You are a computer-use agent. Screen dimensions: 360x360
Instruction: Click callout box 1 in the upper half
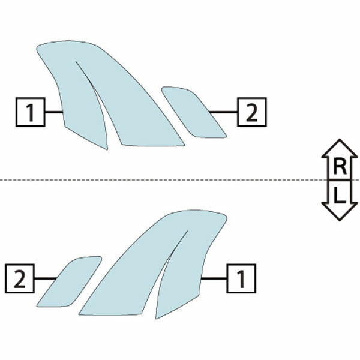click(31, 112)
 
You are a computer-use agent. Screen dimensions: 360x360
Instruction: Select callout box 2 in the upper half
click(252, 112)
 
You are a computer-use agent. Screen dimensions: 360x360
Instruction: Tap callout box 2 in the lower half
click(20, 278)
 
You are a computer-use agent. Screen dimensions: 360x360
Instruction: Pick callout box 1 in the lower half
click(241, 278)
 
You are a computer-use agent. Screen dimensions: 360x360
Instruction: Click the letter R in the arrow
click(340, 167)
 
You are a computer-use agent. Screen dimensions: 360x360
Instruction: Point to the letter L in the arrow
click(340, 196)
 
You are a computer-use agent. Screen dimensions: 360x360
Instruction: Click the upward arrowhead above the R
click(340, 149)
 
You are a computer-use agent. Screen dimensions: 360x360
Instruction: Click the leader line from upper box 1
click(54, 112)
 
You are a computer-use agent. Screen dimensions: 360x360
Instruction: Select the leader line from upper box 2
click(223, 112)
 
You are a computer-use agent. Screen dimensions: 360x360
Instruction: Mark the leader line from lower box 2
click(45, 278)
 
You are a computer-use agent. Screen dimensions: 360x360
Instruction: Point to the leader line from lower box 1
click(214, 278)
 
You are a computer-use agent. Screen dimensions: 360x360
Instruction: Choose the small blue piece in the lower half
click(69, 282)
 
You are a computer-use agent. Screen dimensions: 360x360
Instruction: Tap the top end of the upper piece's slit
click(76, 62)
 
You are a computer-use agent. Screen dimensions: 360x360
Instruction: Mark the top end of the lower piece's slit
click(188, 231)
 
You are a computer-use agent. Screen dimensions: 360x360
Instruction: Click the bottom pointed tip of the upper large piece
click(107, 149)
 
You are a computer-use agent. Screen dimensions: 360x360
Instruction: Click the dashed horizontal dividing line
click(180, 180)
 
